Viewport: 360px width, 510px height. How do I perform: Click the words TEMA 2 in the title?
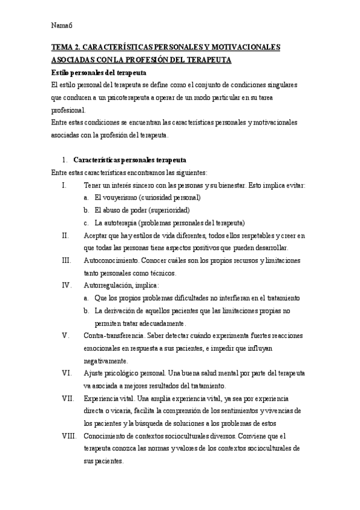pyautogui.click(x=64, y=48)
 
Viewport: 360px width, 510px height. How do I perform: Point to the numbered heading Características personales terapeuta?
pyautogui.click(x=129, y=160)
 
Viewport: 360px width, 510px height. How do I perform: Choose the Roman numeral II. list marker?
pyautogui.click(x=66, y=235)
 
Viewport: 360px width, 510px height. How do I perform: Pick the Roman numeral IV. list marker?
pyautogui.click(x=67, y=285)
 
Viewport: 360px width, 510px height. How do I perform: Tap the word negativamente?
pyautogui.click(x=106, y=361)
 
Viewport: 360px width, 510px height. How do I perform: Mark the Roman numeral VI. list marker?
pyautogui.click(x=67, y=373)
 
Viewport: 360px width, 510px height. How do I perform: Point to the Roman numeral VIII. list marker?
pyautogui.click(x=69, y=436)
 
